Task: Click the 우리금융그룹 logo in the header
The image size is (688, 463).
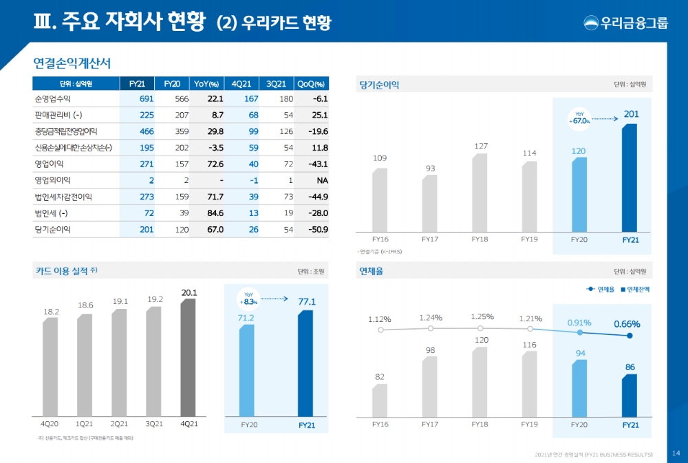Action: (x=625, y=22)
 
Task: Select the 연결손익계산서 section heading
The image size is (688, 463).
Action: (x=72, y=63)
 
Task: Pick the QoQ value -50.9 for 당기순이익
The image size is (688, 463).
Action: (x=316, y=229)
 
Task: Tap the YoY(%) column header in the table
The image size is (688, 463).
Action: (x=206, y=83)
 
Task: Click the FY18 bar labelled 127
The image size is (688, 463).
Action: (x=480, y=192)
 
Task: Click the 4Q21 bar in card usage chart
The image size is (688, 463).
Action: (x=189, y=357)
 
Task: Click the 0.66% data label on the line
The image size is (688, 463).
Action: (x=627, y=323)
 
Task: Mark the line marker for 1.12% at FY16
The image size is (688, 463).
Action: (x=380, y=330)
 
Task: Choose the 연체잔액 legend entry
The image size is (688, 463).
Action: (x=635, y=289)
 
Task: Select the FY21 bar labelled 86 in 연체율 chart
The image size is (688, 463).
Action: (x=630, y=395)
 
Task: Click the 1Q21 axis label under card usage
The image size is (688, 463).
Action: (x=85, y=424)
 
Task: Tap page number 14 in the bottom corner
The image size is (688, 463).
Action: (x=676, y=452)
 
